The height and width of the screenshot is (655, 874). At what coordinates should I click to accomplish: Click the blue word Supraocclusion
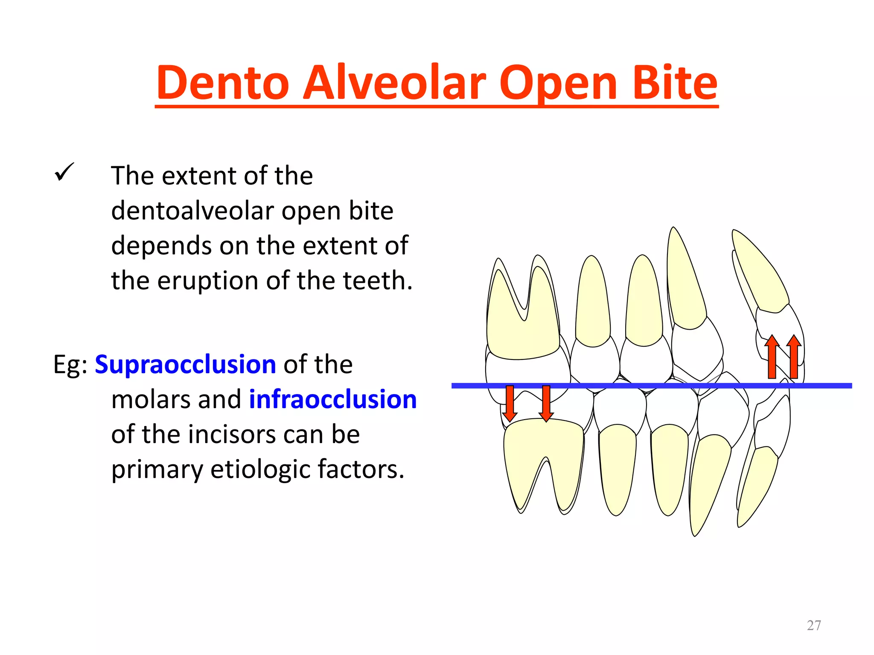185,365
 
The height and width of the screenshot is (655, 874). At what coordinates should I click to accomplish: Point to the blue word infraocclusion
332,400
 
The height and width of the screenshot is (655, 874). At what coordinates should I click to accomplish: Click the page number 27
814,625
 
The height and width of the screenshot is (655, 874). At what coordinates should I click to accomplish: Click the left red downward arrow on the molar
510,403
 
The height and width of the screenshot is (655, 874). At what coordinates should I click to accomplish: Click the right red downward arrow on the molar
546,403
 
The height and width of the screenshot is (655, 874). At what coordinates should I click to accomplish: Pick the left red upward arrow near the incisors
772,357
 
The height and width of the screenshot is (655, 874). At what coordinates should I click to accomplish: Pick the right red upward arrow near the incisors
794,357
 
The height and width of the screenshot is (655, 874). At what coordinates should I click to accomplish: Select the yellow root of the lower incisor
757,486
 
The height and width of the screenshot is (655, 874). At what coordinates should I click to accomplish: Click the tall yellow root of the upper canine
685,286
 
